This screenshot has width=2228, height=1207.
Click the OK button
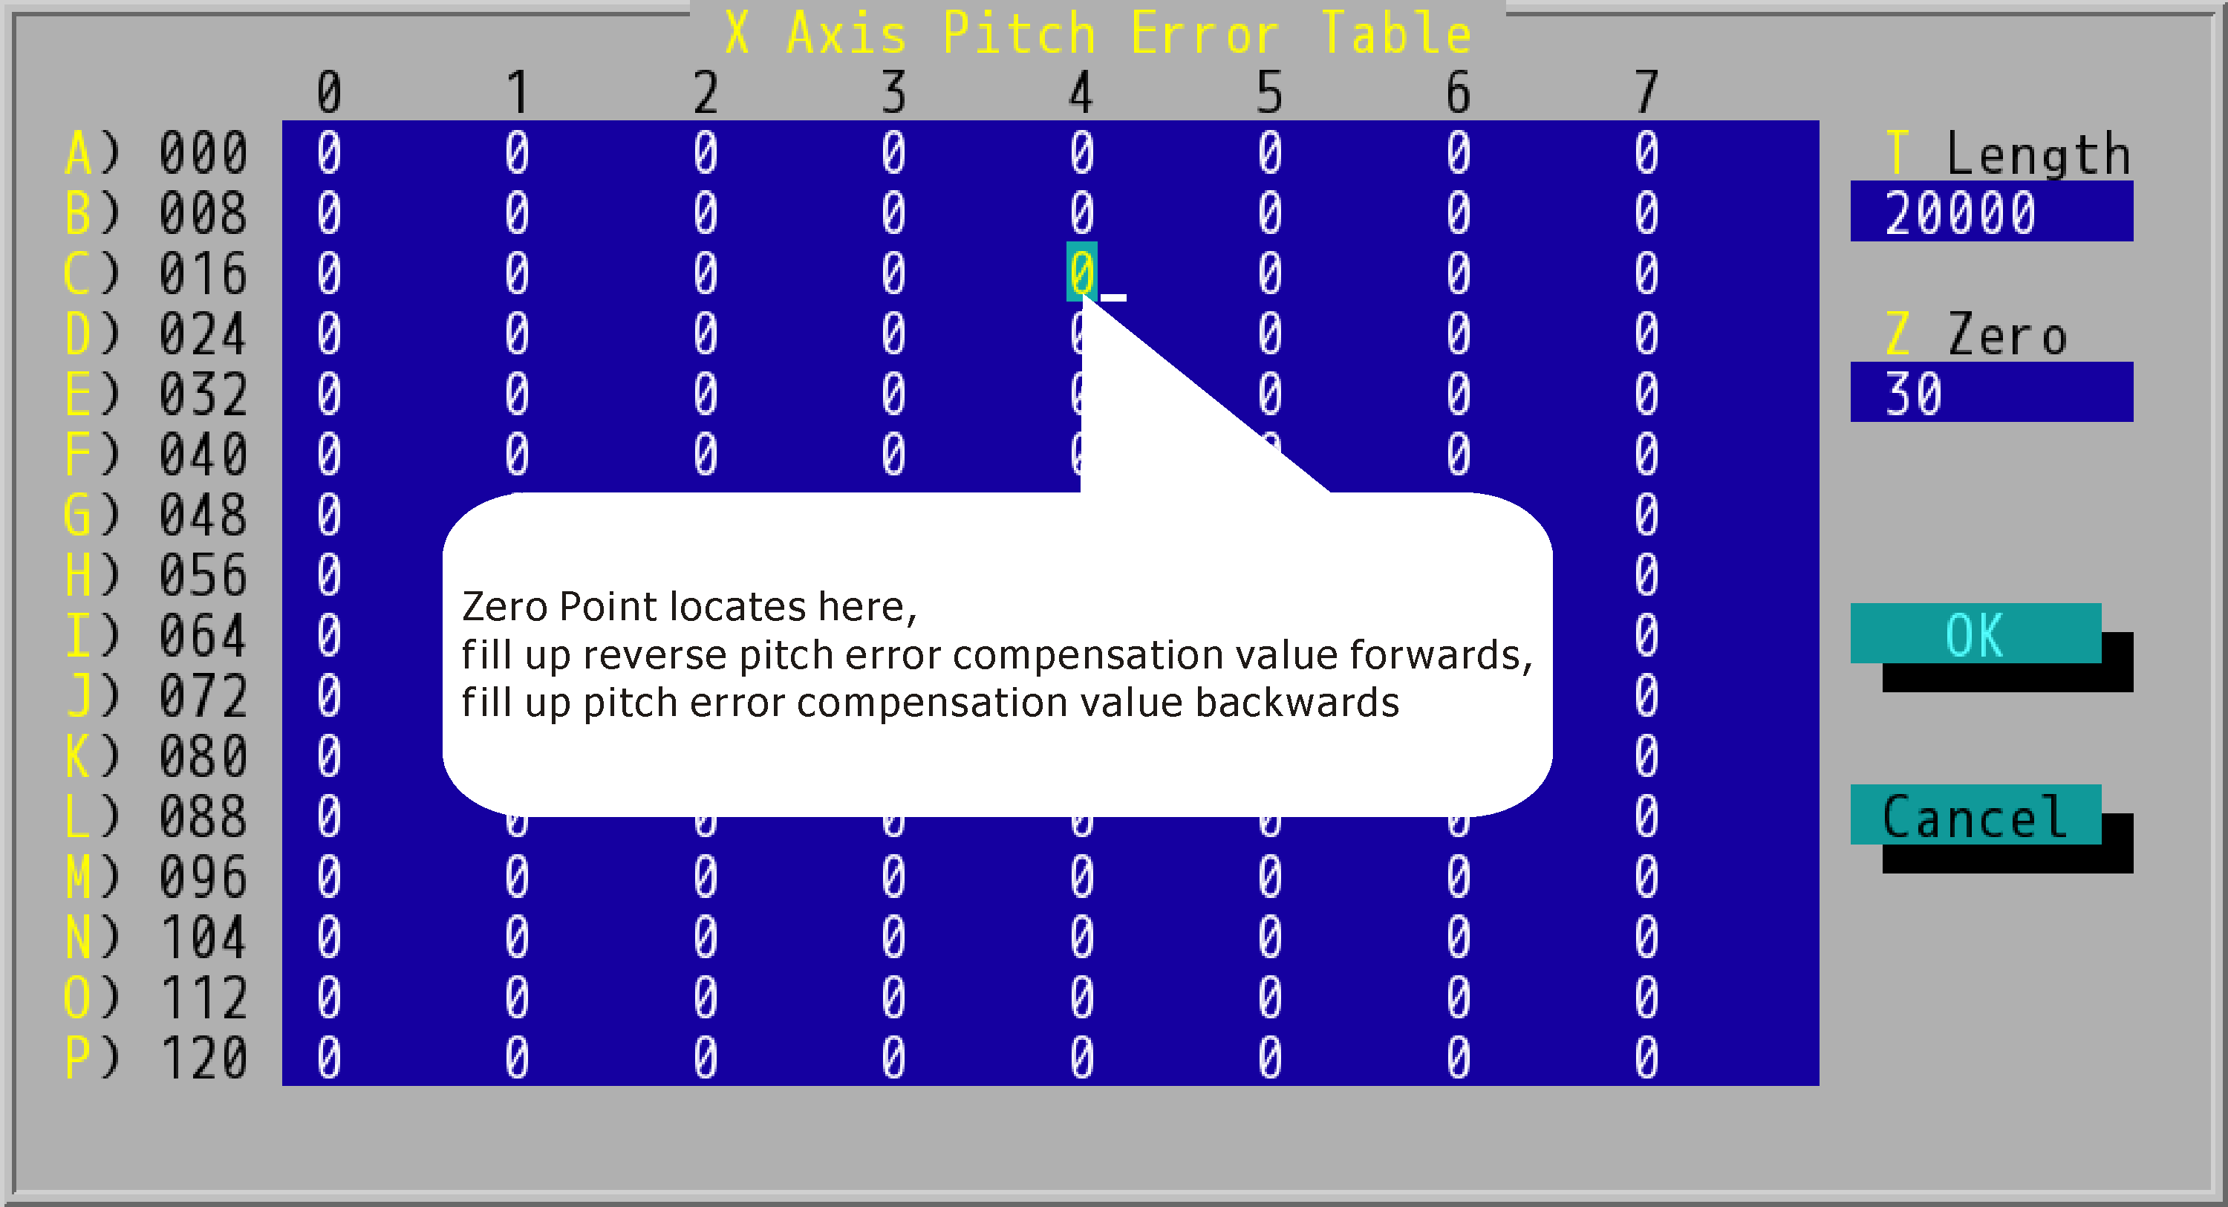(x=1975, y=634)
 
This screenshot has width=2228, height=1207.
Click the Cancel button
(x=1975, y=815)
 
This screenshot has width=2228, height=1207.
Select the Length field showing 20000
(x=1991, y=212)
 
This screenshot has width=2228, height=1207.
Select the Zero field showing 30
(x=1991, y=393)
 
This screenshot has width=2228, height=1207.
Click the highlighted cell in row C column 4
(x=1081, y=273)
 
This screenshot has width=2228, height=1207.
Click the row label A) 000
(x=157, y=153)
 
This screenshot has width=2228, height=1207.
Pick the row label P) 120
(x=157, y=1057)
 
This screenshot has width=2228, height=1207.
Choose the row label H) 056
(x=157, y=574)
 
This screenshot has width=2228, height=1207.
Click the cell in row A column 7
(x=1646, y=153)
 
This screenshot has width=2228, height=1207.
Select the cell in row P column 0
(x=329, y=1057)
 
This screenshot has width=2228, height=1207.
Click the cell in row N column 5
(x=1270, y=937)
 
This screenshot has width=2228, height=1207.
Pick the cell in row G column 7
(x=1646, y=515)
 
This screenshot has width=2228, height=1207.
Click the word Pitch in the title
(x=1019, y=33)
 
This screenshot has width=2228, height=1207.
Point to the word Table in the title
(x=1396, y=33)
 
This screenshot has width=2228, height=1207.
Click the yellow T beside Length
(x=1897, y=153)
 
